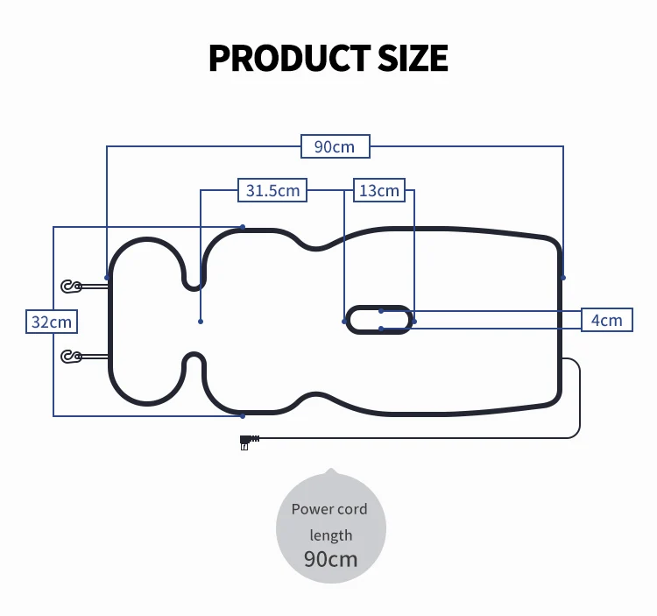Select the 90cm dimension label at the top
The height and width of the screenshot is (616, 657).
click(x=335, y=146)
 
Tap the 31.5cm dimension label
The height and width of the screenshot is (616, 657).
click(x=272, y=190)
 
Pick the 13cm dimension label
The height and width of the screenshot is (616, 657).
click(x=379, y=190)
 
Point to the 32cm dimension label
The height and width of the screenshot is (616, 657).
click(x=52, y=322)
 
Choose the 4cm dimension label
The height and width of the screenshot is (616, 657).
click(x=606, y=320)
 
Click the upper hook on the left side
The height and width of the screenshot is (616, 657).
click(x=71, y=286)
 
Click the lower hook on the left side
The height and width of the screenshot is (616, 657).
click(x=71, y=356)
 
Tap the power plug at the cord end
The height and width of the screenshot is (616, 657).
click(x=246, y=441)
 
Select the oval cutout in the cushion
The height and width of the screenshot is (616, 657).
click(x=379, y=320)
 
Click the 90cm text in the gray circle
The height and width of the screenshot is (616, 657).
click(x=330, y=558)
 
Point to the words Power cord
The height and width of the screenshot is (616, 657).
click(x=329, y=509)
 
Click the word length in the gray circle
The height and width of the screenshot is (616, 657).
click(x=330, y=535)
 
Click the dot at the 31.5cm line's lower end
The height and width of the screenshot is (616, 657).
click(x=201, y=322)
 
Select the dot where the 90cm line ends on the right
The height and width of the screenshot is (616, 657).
click(x=563, y=278)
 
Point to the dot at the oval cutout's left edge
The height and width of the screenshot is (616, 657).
click(x=344, y=322)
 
